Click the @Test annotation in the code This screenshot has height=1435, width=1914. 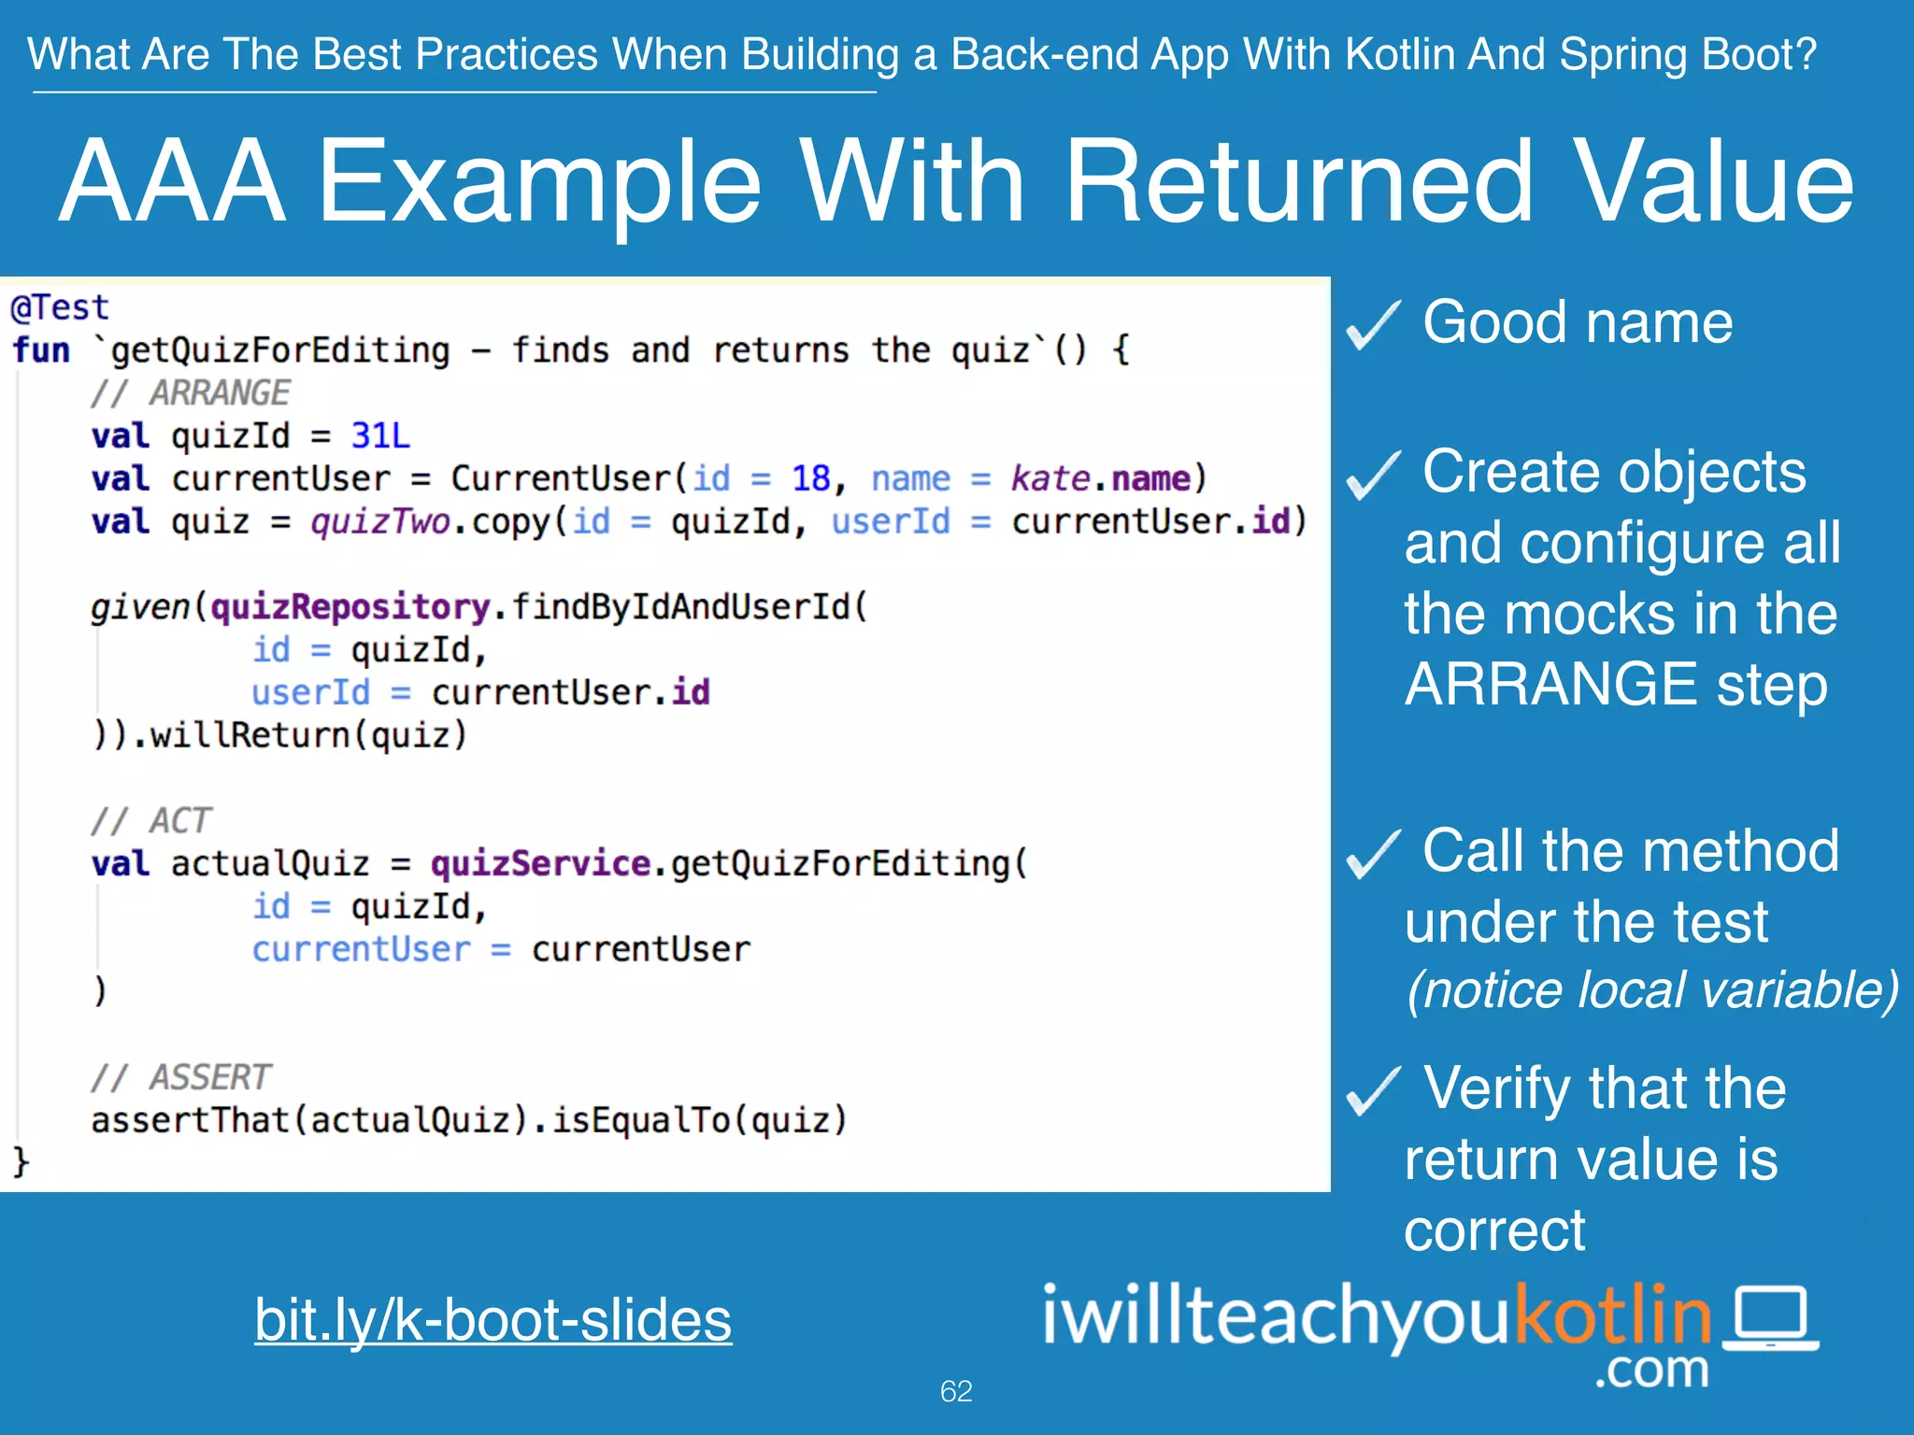tap(59, 307)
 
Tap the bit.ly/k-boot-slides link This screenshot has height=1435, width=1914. tap(493, 1319)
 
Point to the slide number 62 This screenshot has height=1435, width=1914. tap(956, 1391)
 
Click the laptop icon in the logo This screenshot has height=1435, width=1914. tap(1771, 1318)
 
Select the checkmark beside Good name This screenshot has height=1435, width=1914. tap(1373, 325)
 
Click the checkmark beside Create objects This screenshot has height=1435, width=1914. tap(1373, 475)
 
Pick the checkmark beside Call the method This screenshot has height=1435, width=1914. tap(1373, 854)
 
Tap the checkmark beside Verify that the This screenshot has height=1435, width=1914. tap(1373, 1091)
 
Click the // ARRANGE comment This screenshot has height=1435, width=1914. tap(191, 393)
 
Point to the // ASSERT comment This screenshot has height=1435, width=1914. tap(181, 1077)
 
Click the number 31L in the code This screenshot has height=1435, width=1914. tap(380, 435)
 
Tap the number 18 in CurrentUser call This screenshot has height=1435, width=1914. tap(810, 478)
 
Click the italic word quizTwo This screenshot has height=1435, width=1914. tap(380, 521)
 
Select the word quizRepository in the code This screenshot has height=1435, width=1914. tap(350, 607)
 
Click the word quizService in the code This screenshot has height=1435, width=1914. tap(540, 863)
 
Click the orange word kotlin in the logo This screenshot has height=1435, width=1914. tap(1612, 1314)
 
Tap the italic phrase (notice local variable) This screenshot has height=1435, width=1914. tap(1652, 990)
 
